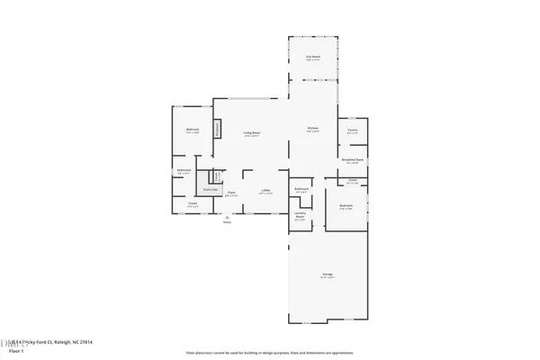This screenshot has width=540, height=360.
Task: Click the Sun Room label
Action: point(313,57)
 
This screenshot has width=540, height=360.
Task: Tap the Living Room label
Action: point(252,133)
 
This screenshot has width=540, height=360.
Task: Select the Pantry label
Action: point(353,130)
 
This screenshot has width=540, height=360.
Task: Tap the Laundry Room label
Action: point(300,216)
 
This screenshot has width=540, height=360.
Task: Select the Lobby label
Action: point(266,191)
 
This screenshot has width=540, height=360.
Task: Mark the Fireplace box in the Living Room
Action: point(217,130)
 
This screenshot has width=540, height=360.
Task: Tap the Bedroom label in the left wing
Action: point(193,130)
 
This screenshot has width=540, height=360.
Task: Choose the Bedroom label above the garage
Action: point(346,206)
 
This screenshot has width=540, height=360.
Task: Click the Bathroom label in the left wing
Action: point(184,171)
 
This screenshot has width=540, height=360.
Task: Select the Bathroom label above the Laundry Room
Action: point(301,189)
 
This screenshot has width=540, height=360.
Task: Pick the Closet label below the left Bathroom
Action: point(193,204)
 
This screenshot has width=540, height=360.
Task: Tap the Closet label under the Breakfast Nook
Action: point(352,181)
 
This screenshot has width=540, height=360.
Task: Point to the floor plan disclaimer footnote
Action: point(270,352)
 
